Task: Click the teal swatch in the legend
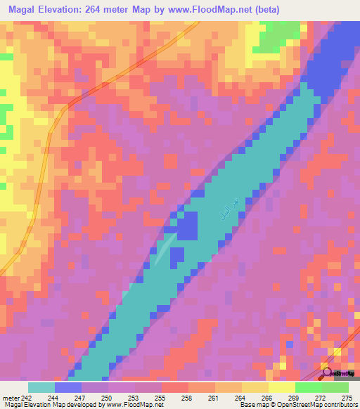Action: click(41, 387)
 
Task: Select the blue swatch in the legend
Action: click(68, 387)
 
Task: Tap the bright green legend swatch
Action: click(308, 387)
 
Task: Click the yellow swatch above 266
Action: click(255, 387)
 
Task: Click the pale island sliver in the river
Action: click(163, 252)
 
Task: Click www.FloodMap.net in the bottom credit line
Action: click(133, 405)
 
